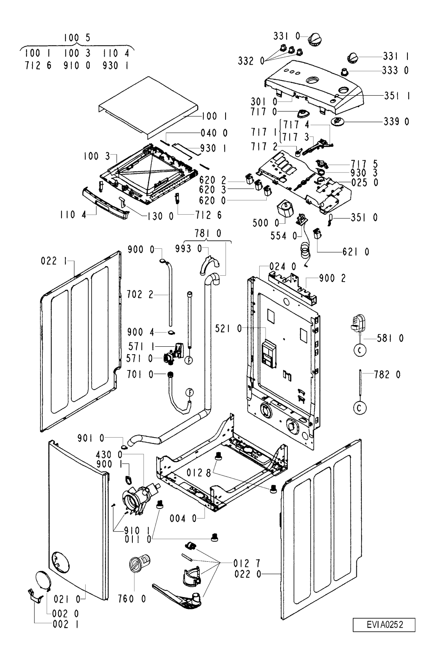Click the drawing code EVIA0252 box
pos(384,624)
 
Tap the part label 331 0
pos(287,36)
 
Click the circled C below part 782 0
pos(360,408)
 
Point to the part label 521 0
pos(229,329)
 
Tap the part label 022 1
pos(54,261)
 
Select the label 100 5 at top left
pos(77,38)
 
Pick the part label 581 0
pos(390,338)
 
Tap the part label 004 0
pos(183,519)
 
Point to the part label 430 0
pos(109,455)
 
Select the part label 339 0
pos(396,121)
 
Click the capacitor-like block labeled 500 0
pos(285,208)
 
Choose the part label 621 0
pos(356,252)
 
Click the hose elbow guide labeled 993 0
pos(210,265)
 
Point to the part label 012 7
pos(247,563)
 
